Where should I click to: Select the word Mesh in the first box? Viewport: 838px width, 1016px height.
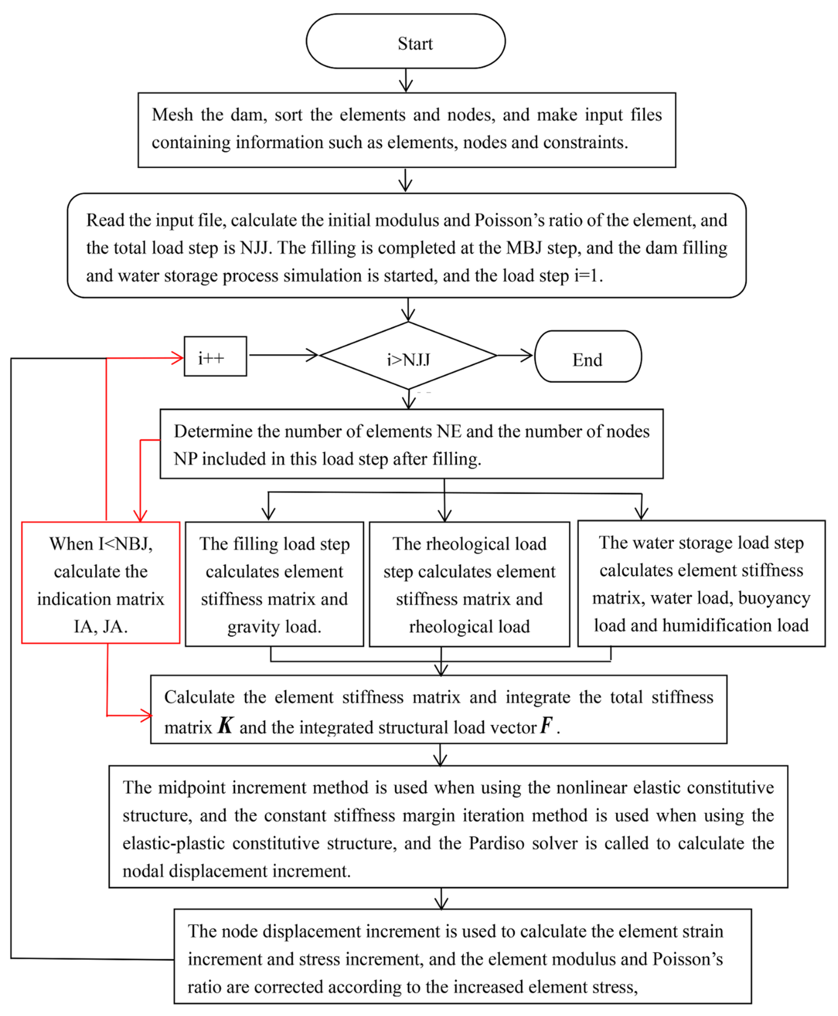pos(172,115)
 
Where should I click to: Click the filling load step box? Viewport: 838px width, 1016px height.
pos(274,584)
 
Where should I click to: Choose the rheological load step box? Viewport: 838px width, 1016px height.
pos(469,584)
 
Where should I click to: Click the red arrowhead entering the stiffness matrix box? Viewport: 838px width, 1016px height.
pos(146,715)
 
